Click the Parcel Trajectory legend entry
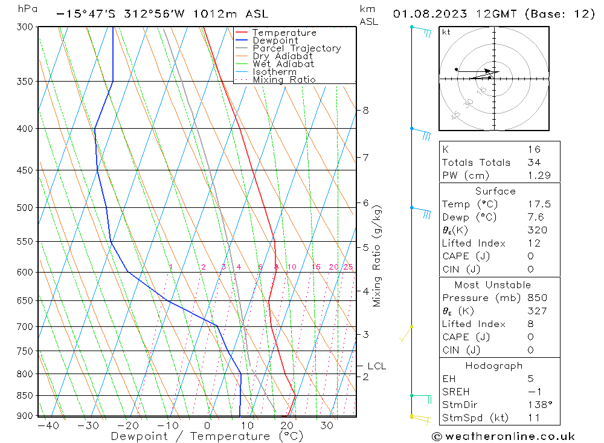[x=296, y=48]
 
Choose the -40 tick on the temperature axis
[x=48, y=426]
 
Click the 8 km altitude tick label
[x=365, y=111]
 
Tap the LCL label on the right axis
[x=376, y=366]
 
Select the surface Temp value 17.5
[x=539, y=204]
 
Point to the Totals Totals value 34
[x=534, y=162]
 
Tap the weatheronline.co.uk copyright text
[x=503, y=436]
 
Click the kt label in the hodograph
[x=446, y=32]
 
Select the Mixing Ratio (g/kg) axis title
[x=377, y=256]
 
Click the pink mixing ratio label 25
[x=348, y=267]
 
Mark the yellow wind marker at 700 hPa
[x=411, y=327]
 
